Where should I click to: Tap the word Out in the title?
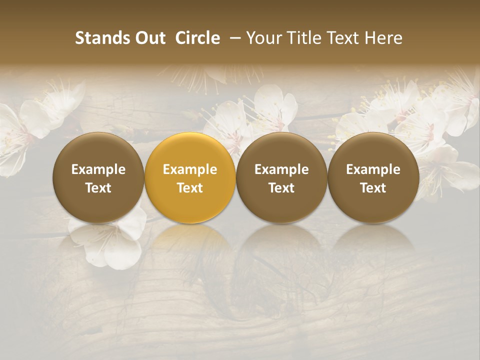pyautogui.click(x=148, y=38)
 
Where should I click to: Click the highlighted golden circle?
pyautogui.click(x=190, y=177)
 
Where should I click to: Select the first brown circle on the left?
pyautogui.click(x=98, y=177)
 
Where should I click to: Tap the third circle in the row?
pyautogui.click(x=281, y=177)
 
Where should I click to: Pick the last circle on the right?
pyautogui.click(x=373, y=177)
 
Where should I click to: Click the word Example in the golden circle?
pyautogui.click(x=190, y=169)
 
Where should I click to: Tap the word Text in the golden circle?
pyautogui.click(x=190, y=188)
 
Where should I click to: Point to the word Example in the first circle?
pyautogui.click(x=98, y=169)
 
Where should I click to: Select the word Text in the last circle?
pyautogui.click(x=373, y=188)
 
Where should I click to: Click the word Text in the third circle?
pyautogui.click(x=281, y=188)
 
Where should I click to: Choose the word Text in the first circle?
pyautogui.click(x=98, y=188)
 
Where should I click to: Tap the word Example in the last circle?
pyautogui.click(x=373, y=169)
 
